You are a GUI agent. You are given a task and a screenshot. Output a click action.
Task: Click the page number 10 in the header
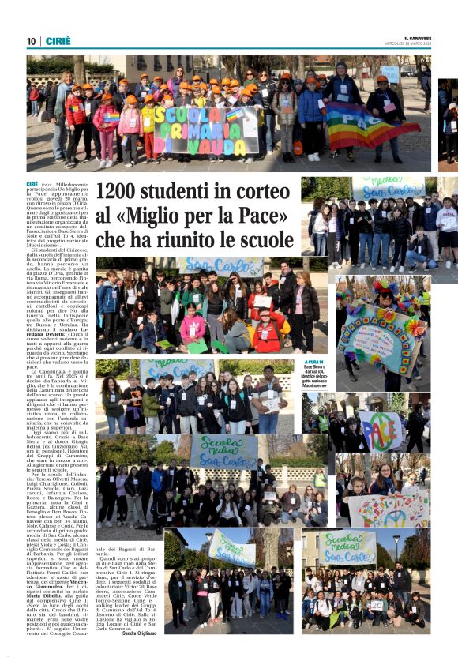pyautogui.click(x=32, y=41)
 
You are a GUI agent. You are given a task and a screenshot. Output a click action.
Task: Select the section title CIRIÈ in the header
pyautogui.click(x=58, y=41)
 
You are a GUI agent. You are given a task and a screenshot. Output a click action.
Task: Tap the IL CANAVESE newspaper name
pyautogui.click(x=417, y=38)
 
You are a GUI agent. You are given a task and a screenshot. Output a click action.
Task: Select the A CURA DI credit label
pyautogui.click(x=315, y=363)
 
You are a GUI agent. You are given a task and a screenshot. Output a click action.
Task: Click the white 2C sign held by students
pyautogui.click(x=377, y=605)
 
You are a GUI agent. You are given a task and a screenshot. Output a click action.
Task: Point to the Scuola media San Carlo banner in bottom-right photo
pyautogui.click(x=347, y=545)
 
